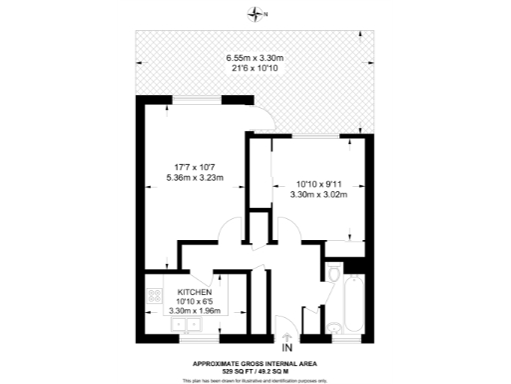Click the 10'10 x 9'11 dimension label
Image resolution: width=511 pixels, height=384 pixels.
[318, 184]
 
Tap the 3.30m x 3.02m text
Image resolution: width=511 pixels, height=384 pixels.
[318, 195]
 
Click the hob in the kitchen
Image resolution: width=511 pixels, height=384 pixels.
[155, 296]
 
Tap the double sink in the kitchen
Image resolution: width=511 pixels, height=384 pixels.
[184, 324]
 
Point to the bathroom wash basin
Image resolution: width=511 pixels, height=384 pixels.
[334, 328]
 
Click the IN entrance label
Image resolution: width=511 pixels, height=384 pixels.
[287, 347]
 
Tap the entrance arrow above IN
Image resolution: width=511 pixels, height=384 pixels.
[287, 335]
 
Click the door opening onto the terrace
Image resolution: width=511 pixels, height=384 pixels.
[258, 118]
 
